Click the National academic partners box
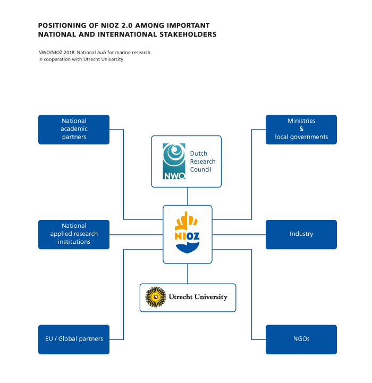[x=74, y=129]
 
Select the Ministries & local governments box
[x=301, y=129]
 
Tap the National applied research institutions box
[x=74, y=234]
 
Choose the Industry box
[x=301, y=234]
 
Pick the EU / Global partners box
[x=74, y=339]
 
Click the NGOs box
[x=301, y=339]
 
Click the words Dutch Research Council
[x=202, y=161]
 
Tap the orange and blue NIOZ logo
[x=187, y=234]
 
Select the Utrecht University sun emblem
[x=155, y=297]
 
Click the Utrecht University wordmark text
[x=198, y=297]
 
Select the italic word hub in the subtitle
[x=102, y=53]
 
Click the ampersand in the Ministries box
[x=301, y=129]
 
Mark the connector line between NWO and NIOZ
[x=187, y=196]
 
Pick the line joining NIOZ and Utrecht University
[x=187, y=274]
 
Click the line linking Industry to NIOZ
[x=239, y=234]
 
